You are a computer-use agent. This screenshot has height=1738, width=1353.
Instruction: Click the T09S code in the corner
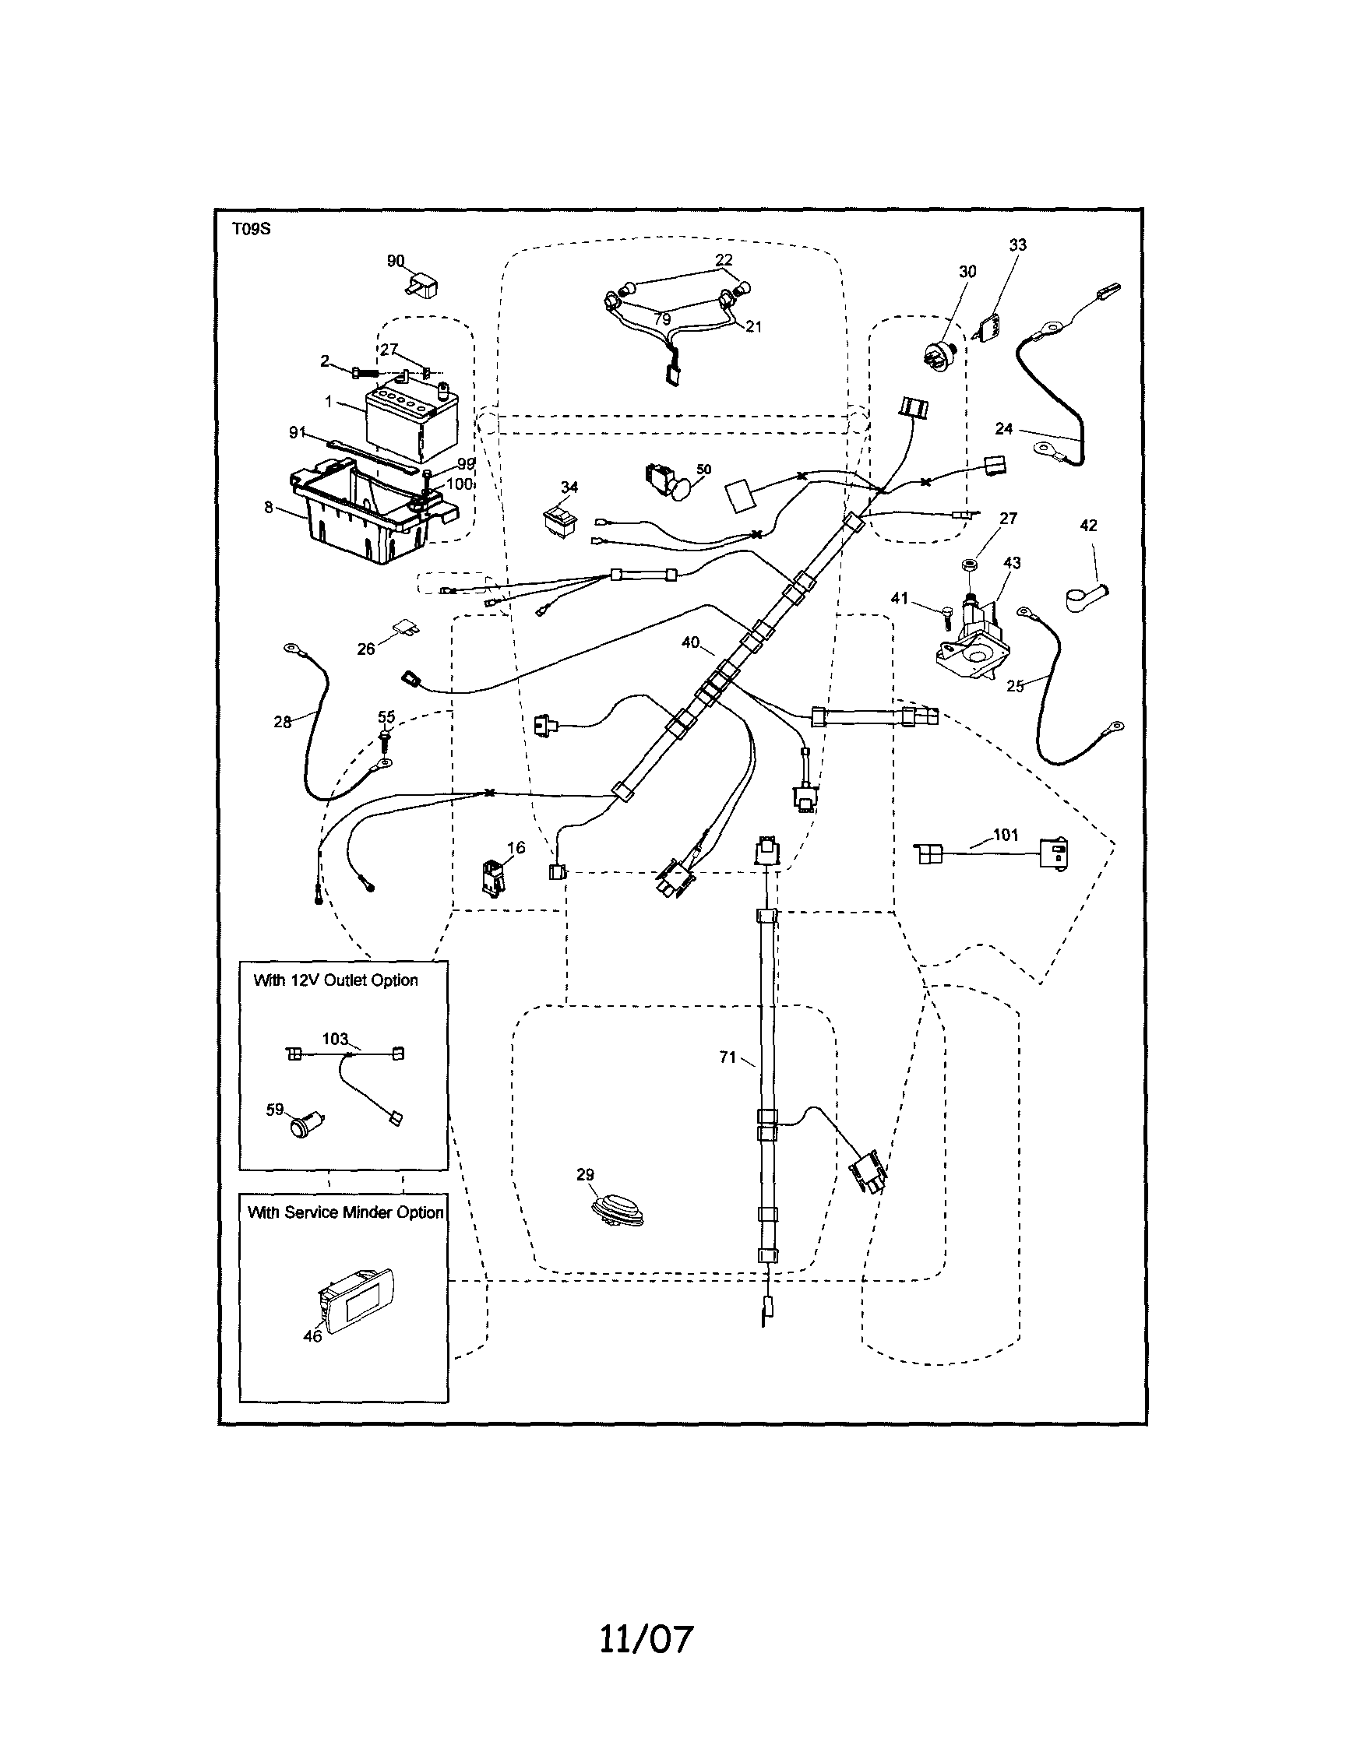pyautogui.click(x=251, y=229)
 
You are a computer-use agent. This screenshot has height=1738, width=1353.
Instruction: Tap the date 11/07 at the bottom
pyautogui.click(x=646, y=1639)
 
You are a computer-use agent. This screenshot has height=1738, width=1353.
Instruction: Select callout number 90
pyautogui.click(x=396, y=261)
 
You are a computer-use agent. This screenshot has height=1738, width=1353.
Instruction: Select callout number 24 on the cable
pyautogui.click(x=1004, y=429)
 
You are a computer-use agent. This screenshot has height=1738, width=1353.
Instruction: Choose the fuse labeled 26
pyautogui.click(x=406, y=631)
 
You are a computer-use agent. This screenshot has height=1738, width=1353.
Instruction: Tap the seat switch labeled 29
pyautogui.click(x=618, y=1209)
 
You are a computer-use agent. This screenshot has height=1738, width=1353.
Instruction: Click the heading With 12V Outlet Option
pyautogui.click(x=336, y=980)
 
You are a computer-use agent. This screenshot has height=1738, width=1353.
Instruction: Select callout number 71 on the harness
pyautogui.click(x=727, y=1057)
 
